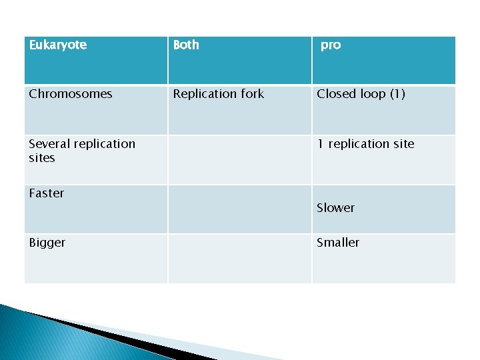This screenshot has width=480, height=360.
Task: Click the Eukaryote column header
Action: tap(58, 45)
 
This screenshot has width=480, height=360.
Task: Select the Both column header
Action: tap(186, 45)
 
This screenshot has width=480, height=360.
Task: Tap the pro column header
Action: tap(331, 45)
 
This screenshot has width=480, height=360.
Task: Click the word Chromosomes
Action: tap(71, 94)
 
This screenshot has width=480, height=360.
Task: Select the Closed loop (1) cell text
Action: tap(361, 94)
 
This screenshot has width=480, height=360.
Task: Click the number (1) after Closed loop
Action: tap(397, 94)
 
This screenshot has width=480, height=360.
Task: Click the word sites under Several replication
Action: tap(41, 158)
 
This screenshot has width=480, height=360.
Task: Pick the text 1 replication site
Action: tap(365, 144)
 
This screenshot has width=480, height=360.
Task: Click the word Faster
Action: tap(47, 193)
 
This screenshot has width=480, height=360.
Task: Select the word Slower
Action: tap(336, 208)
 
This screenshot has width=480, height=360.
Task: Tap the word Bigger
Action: tap(47, 243)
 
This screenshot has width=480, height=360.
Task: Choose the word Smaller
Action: tap(338, 243)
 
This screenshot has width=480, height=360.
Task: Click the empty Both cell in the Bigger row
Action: tap(239, 258)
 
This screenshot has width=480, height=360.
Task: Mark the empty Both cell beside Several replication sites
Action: tap(239, 160)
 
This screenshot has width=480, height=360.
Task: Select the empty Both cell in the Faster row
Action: tap(239, 209)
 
